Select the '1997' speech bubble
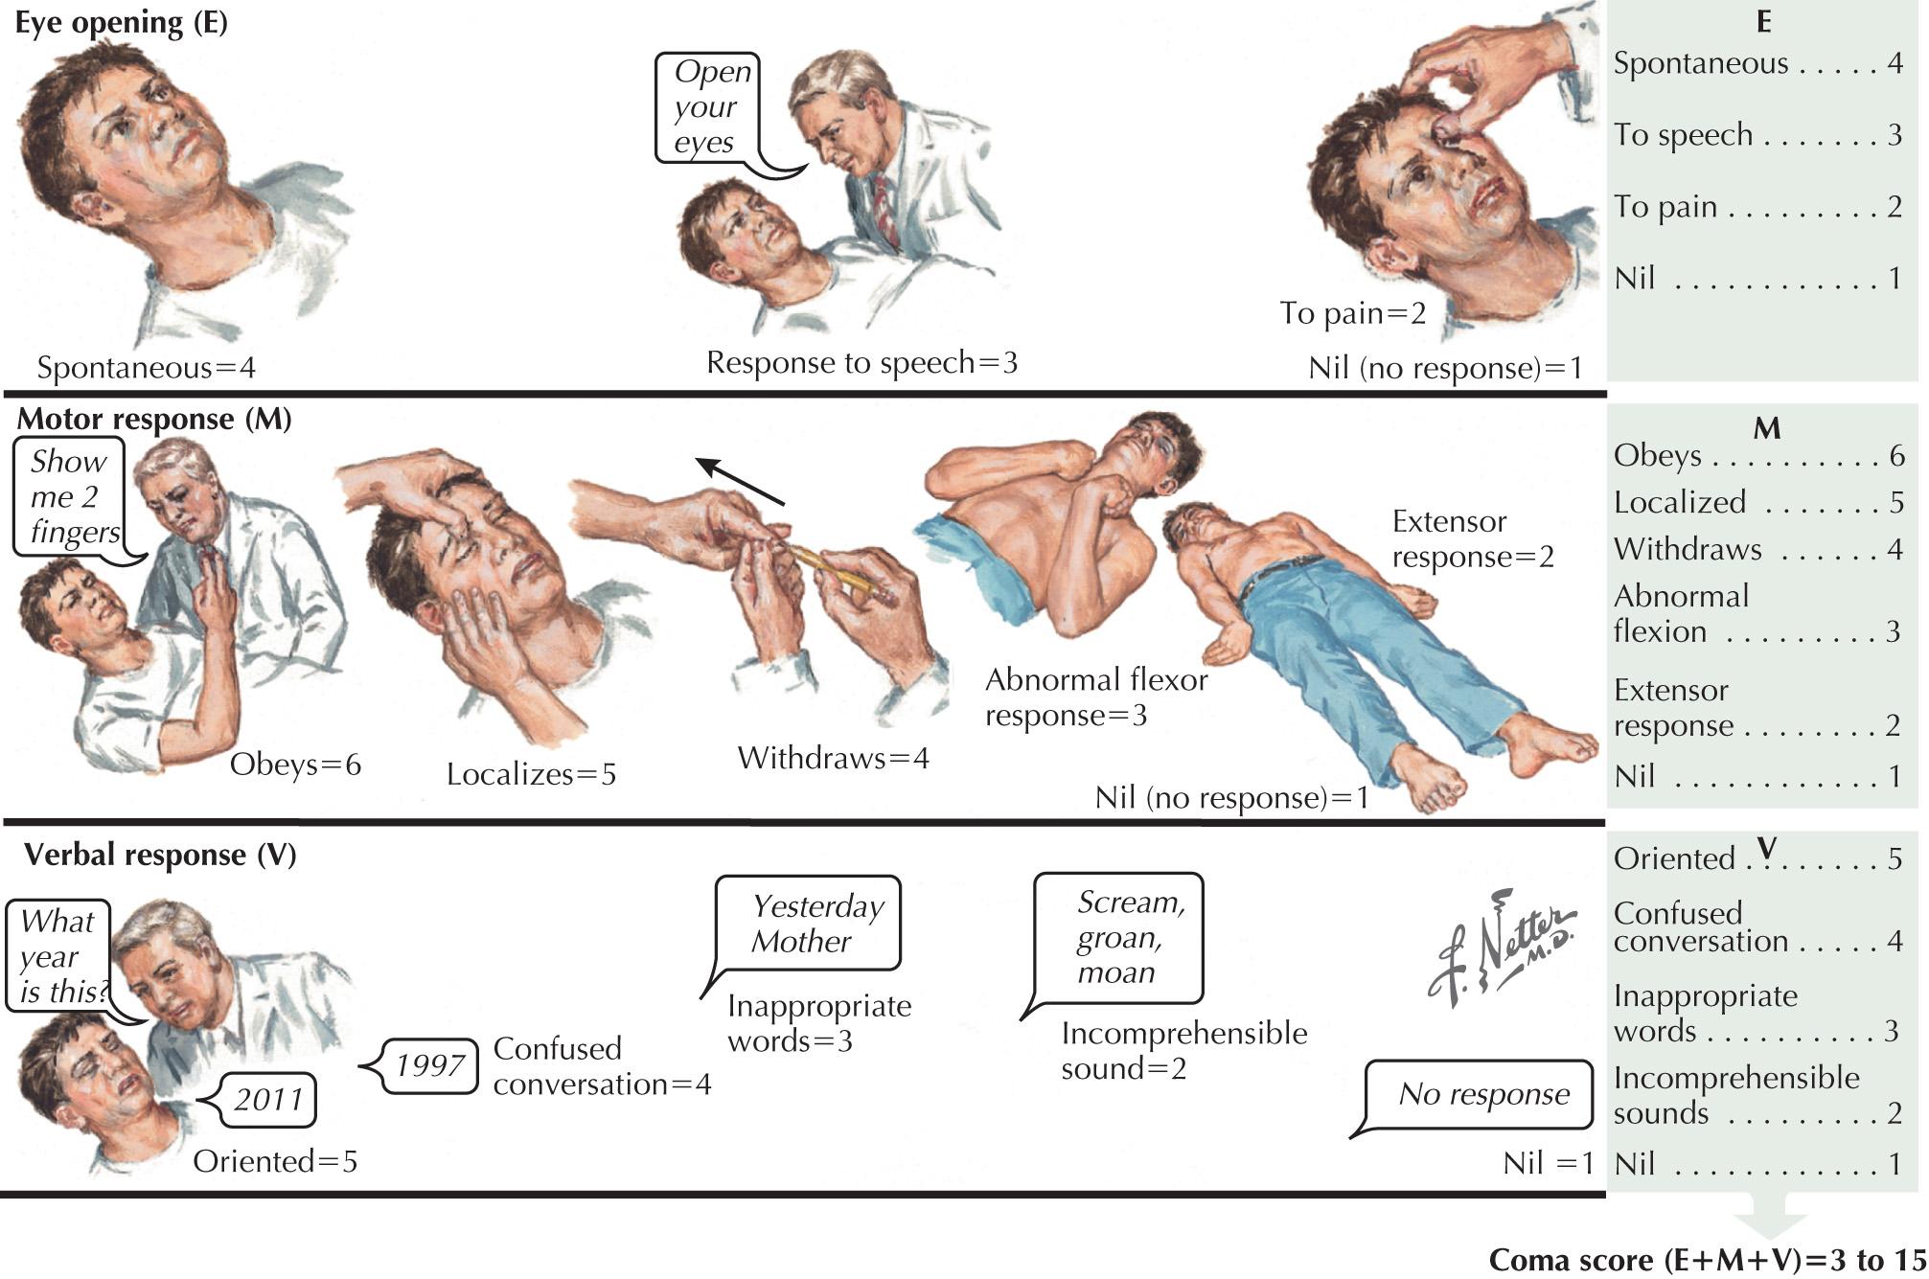(429, 1065)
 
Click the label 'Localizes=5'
(531, 774)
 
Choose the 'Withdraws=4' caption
(833, 758)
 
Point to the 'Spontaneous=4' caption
(146, 367)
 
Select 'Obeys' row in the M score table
(1757, 455)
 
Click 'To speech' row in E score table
(1757, 135)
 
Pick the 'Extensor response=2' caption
(1472, 538)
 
